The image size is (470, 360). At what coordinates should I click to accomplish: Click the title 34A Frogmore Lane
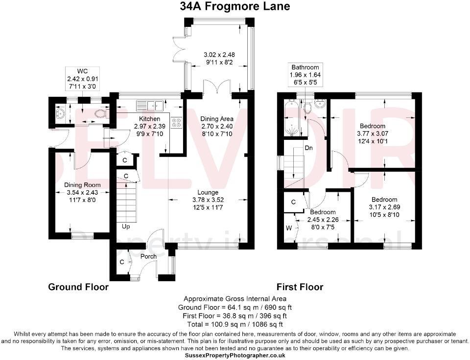point(235,6)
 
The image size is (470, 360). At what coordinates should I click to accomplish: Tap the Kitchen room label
point(149,119)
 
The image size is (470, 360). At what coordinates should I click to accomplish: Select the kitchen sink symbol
point(150,104)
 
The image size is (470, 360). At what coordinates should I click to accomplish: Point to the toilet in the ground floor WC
point(100,113)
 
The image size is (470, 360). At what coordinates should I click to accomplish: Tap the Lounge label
point(209,192)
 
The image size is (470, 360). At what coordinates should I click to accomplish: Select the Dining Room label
point(82,185)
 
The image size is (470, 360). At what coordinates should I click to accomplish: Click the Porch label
point(148,256)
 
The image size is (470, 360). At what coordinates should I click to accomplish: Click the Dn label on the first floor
point(308,148)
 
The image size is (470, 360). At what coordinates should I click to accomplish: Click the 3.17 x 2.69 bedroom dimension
point(384,207)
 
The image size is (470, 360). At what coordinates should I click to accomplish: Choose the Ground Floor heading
point(78,287)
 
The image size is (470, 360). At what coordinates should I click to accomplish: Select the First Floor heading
point(300,287)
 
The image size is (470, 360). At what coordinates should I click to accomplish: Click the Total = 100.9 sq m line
point(235,324)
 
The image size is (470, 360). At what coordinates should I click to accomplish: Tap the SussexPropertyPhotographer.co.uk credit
point(235,356)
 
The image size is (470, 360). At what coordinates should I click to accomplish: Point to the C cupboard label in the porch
point(121,262)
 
